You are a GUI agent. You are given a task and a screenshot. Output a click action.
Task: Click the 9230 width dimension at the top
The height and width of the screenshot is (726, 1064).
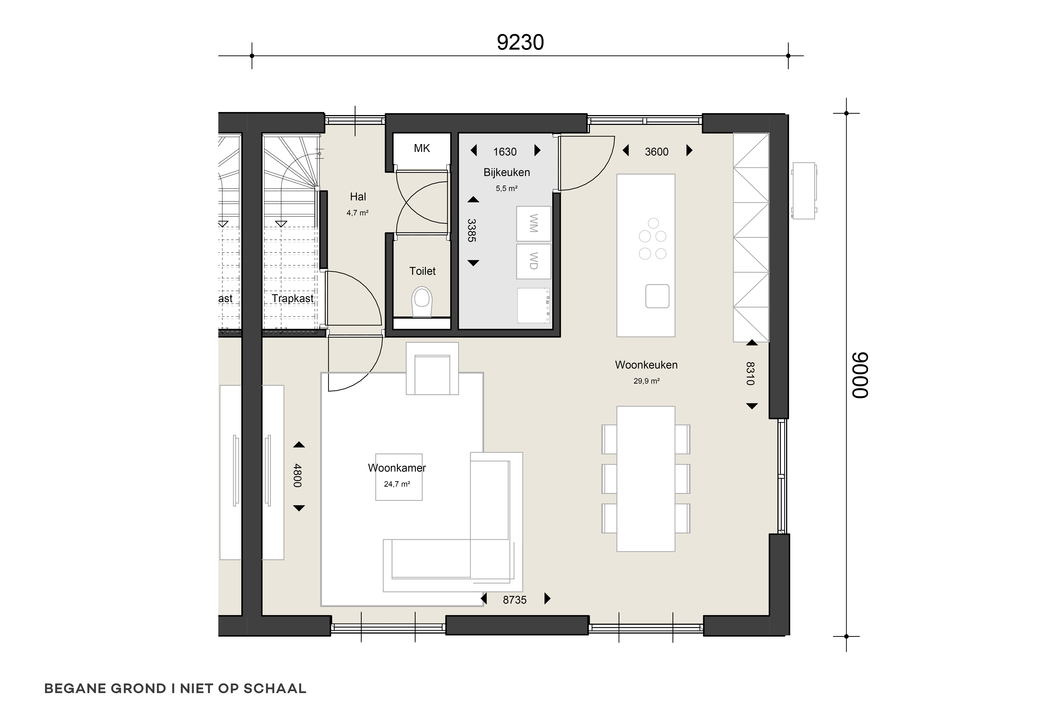[x=520, y=43]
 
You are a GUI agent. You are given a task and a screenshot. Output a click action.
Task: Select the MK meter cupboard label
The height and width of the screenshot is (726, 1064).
[x=422, y=148]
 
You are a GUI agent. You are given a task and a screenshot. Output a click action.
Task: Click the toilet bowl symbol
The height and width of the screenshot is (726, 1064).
[x=422, y=302]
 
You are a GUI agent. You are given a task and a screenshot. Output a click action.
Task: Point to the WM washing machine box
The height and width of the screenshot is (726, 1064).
[x=533, y=224]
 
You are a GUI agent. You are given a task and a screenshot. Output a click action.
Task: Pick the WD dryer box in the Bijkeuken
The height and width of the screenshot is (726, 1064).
[x=533, y=261]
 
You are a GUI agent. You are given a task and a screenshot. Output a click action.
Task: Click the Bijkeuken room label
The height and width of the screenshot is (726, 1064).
[x=506, y=173]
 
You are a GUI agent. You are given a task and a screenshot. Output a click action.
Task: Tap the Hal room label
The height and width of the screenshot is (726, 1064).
[x=358, y=197]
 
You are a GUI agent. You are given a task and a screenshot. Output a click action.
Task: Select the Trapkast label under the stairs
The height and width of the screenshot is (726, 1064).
[x=293, y=299]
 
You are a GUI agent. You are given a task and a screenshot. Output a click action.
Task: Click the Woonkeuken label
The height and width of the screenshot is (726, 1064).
[x=646, y=365]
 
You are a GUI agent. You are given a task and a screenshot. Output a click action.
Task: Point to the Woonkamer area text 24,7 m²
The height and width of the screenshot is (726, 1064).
[x=397, y=484]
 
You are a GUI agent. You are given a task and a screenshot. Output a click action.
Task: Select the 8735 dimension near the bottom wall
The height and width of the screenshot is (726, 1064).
[x=515, y=600]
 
